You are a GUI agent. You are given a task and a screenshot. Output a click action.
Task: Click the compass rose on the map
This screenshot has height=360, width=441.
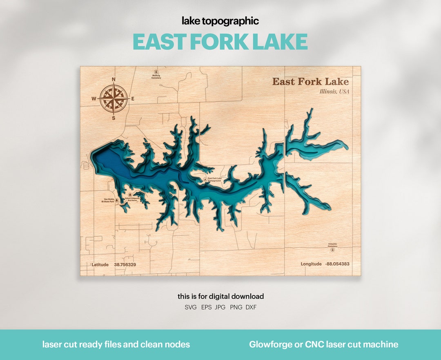[x=114, y=98]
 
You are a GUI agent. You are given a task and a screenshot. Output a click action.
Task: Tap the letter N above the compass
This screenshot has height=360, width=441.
[x=114, y=79]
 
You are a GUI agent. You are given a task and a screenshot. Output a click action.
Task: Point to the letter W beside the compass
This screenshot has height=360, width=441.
[x=94, y=98]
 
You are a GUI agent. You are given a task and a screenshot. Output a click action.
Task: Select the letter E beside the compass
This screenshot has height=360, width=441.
[x=133, y=98]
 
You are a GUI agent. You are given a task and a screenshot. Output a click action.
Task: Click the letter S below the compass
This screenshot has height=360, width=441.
[x=114, y=118]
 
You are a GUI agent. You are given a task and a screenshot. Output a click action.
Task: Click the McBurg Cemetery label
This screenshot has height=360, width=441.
[x=156, y=76]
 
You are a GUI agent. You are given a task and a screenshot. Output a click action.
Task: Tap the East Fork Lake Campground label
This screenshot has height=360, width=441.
[x=214, y=179]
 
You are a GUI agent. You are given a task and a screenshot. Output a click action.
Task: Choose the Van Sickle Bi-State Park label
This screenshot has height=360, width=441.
[x=108, y=200]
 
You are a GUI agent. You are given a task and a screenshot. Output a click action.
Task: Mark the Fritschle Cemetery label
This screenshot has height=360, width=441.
[x=332, y=246]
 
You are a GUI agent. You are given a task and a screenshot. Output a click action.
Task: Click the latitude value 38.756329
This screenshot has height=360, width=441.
[x=125, y=264]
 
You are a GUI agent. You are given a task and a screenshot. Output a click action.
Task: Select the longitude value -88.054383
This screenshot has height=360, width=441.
[x=337, y=264]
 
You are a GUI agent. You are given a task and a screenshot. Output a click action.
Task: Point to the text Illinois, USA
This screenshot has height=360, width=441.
[x=334, y=92]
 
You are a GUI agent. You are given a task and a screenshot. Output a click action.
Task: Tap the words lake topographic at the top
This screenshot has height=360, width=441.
[x=220, y=21]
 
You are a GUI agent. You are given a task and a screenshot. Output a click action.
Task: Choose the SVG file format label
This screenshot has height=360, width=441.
[x=191, y=307]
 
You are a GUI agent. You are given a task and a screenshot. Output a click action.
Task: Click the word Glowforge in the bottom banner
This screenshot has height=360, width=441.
[x=271, y=344]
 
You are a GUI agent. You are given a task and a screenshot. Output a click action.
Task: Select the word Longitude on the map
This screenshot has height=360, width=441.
[x=311, y=264]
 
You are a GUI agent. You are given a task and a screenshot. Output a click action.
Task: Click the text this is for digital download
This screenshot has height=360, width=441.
[x=220, y=296]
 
